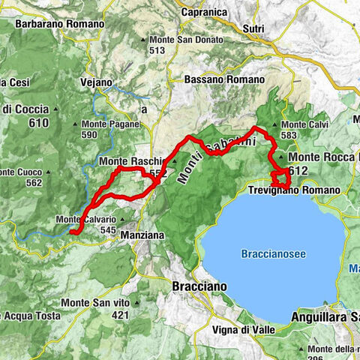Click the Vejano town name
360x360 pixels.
[x=96, y=82]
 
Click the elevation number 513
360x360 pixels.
[x=156, y=50]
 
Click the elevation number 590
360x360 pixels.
[x=90, y=134]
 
